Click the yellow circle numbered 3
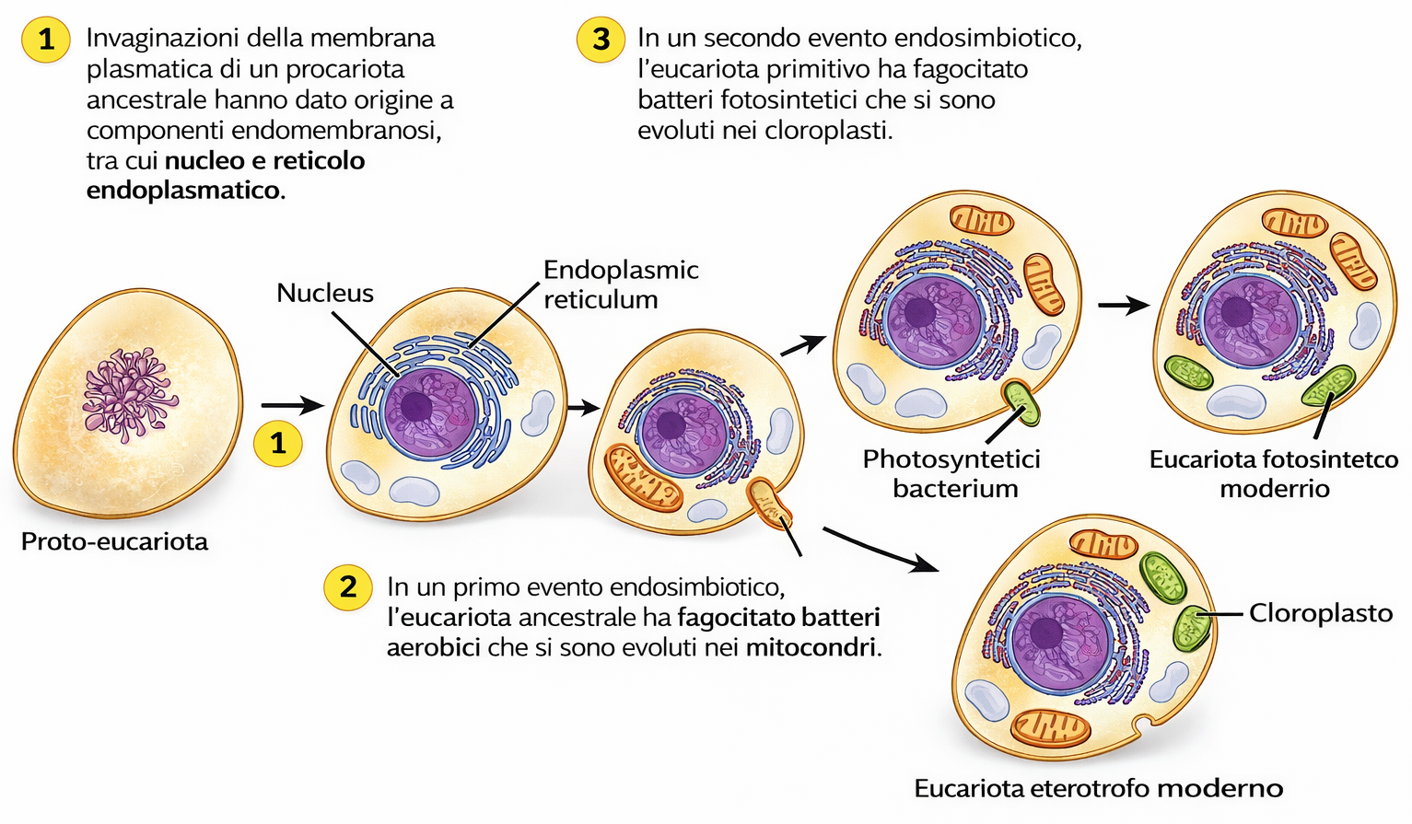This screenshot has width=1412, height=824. [601, 40]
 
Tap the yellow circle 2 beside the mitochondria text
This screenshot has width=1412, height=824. [348, 586]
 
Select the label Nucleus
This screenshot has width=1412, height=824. [325, 293]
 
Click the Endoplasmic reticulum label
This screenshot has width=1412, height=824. [620, 284]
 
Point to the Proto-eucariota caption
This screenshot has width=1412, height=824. [114, 541]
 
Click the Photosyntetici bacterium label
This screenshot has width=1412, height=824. [951, 473]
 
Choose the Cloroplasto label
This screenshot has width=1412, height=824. [1320, 613]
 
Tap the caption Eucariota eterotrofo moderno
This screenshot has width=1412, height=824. [1098, 788]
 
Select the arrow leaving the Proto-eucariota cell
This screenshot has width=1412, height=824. [291, 405]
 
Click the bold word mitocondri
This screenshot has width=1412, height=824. [811, 647]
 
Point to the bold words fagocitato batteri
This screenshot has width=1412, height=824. [778, 617]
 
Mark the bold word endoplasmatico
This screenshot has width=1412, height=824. [184, 191]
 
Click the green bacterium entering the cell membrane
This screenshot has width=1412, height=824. [1021, 401]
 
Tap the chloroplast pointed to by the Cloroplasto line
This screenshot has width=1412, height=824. [1193, 626]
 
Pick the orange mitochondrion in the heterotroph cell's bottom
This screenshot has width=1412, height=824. [1051, 727]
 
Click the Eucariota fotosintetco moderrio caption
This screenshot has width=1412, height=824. [1274, 473]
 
